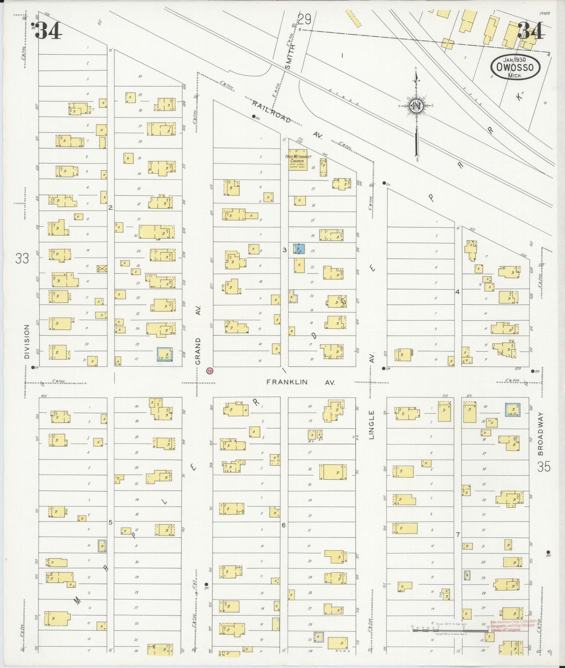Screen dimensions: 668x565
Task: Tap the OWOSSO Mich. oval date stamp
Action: (515, 67)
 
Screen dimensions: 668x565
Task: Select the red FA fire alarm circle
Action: (210, 370)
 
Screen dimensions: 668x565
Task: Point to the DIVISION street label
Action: (27, 341)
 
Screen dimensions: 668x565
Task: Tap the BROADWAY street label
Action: (541, 434)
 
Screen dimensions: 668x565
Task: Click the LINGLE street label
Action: (371, 425)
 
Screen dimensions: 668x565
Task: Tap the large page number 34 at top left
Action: (48, 31)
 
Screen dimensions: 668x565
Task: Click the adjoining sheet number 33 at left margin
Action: (22, 258)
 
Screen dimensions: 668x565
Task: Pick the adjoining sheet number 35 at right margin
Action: (543, 466)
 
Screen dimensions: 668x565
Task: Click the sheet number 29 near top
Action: (304, 18)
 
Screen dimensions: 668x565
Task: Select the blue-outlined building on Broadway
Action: (512, 409)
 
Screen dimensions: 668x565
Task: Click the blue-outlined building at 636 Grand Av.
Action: (165, 354)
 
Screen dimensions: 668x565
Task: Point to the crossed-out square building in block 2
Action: (102, 268)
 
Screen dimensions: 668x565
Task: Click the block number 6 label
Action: (283, 525)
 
